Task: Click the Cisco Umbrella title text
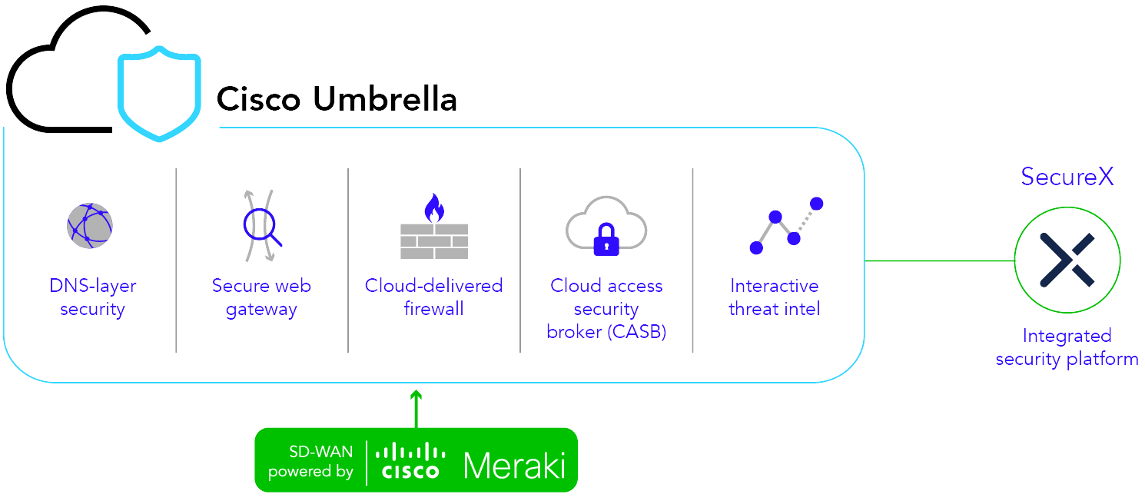click(x=337, y=100)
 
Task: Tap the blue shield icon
click(x=159, y=95)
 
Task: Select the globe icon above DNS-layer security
click(x=90, y=226)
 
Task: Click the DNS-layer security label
click(x=92, y=297)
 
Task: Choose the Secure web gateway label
click(x=261, y=297)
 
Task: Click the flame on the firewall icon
click(x=434, y=207)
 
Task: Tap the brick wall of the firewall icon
click(x=434, y=241)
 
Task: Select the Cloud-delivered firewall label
click(x=433, y=297)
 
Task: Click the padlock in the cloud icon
click(x=606, y=239)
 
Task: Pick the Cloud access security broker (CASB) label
click(x=606, y=309)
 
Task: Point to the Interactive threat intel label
click(x=775, y=297)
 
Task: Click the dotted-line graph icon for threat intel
click(x=785, y=225)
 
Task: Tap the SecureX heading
click(x=1067, y=177)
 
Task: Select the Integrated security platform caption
click(x=1067, y=347)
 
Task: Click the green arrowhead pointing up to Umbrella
click(x=416, y=396)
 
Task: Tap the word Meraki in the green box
click(x=514, y=466)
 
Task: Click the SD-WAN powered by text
click(x=310, y=461)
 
